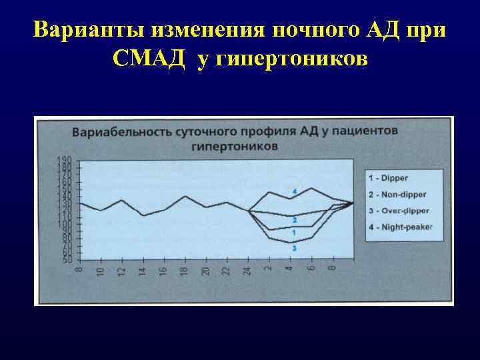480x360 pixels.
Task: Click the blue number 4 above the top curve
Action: point(293,173)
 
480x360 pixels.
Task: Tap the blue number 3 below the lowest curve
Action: point(293,249)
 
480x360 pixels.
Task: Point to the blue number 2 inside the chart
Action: point(294,219)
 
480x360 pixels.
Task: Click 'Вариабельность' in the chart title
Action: point(125,131)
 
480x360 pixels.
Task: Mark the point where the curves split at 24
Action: point(248,211)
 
